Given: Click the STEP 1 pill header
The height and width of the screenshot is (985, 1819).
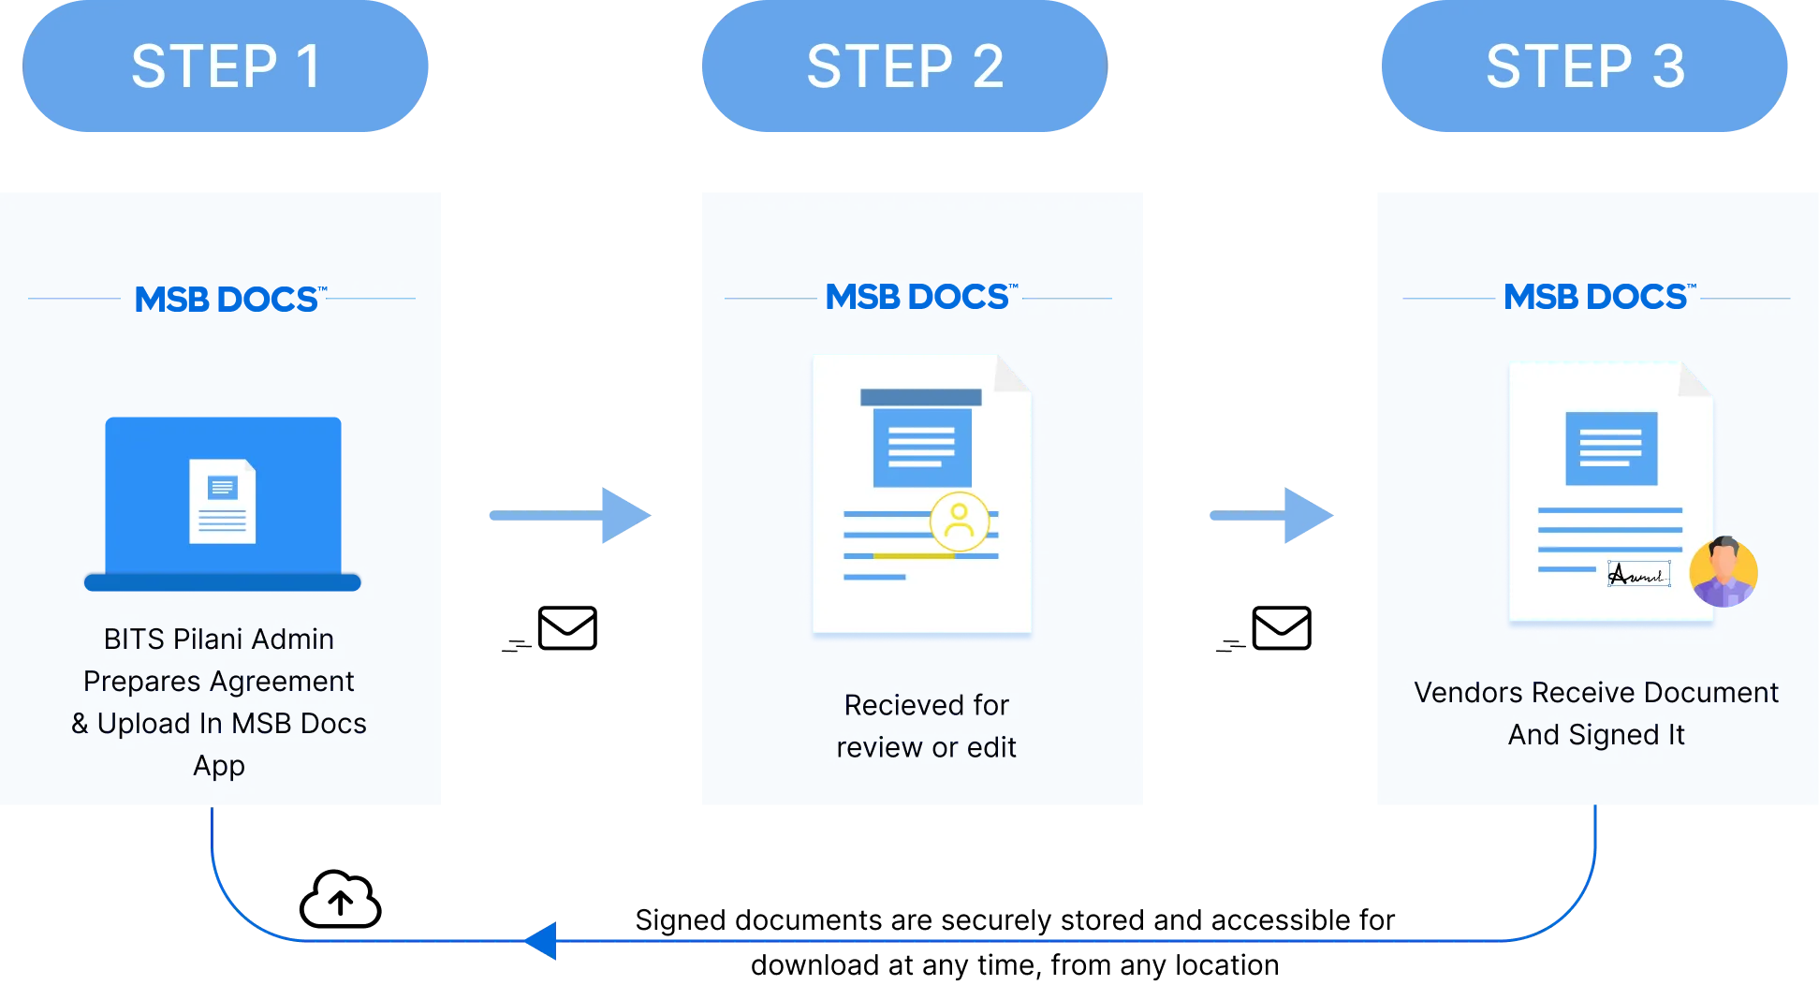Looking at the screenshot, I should tap(226, 67).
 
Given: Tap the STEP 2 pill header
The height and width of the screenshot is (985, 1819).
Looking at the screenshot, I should tap(904, 67).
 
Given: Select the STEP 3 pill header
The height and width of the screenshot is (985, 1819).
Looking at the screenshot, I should tap(1584, 67).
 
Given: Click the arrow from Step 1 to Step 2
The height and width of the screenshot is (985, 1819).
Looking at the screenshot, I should tap(569, 516).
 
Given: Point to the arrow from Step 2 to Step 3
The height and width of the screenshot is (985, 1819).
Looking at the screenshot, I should tap(1272, 516).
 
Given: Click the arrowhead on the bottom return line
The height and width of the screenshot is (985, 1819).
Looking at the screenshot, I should tap(543, 940).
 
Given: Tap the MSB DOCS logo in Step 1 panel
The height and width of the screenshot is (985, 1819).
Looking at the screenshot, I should tap(227, 300).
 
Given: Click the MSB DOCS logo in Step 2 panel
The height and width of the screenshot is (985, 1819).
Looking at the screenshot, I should tap(918, 298).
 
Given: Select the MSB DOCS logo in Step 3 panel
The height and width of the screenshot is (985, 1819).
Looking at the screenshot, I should tap(1597, 298).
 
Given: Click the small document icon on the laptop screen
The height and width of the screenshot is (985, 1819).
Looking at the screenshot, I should tap(222, 501).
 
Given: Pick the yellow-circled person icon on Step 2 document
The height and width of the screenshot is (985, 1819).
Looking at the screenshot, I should tap(959, 522).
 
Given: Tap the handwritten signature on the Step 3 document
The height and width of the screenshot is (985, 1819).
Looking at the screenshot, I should tap(1638, 574).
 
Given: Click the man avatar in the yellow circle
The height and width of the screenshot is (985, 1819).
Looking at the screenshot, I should tap(1724, 571).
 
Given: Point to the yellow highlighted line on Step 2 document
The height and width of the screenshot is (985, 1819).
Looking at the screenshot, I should tap(913, 556).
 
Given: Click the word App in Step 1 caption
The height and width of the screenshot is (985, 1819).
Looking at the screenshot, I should tap(219, 766).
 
